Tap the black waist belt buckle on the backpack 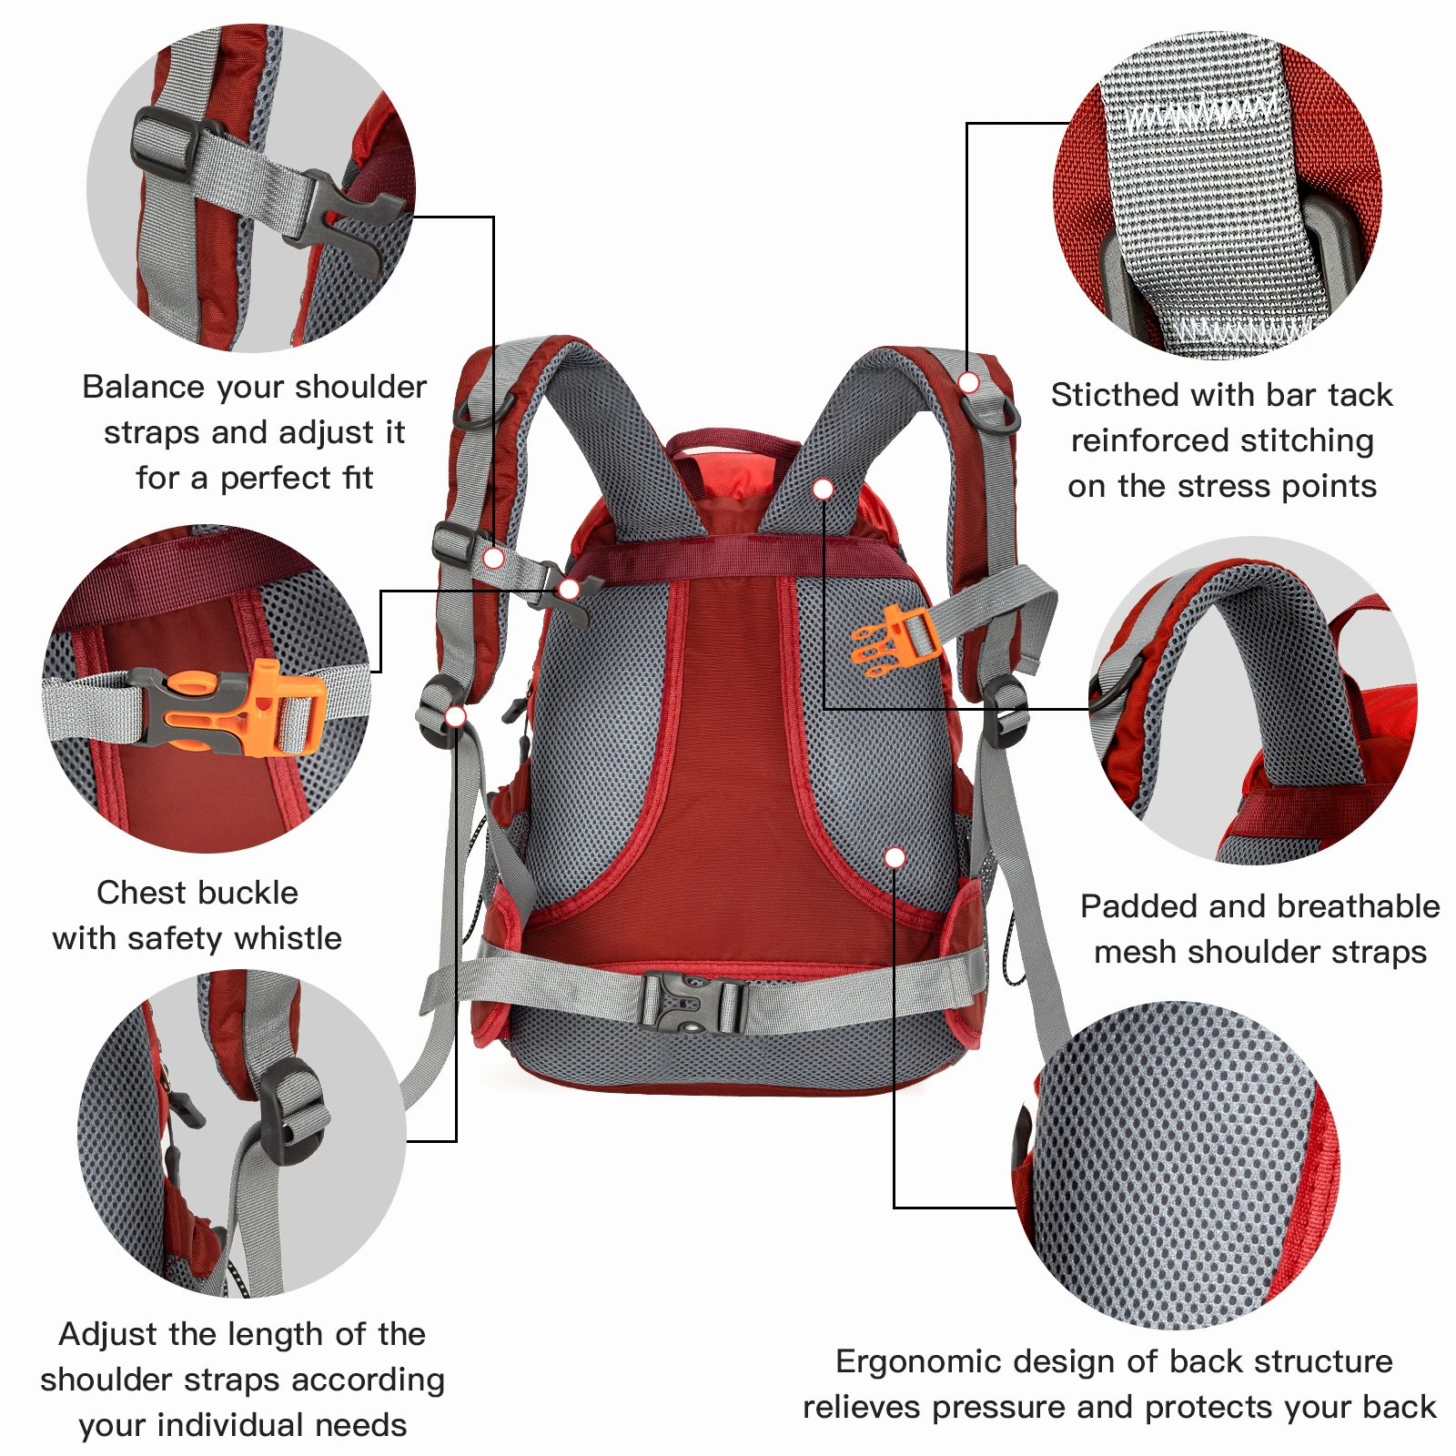click(x=692, y=1002)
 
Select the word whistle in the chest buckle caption click(x=288, y=938)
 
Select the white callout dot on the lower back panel click(x=895, y=857)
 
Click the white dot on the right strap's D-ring click(x=969, y=382)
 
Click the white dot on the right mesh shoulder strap click(x=823, y=489)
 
